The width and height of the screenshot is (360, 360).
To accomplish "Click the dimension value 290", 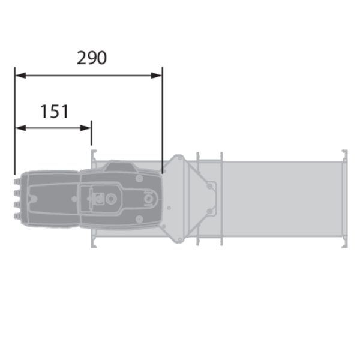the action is pyautogui.click(x=92, y=58).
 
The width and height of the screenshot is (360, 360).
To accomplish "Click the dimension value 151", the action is pyautogui.click(x=55, y=112).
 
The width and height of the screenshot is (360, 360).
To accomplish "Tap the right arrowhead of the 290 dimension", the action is pyautogui.click(x=157, y=76).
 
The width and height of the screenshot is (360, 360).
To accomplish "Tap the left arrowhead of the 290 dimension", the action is pyautogui.click(x=20, y=76).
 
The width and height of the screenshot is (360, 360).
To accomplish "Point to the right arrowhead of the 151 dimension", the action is pyautogui.click(x=86, y=128).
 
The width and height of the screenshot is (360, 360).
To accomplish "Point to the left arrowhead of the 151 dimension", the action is pyautogui.click(x=20, y=128).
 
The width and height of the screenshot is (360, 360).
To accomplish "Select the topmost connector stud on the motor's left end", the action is pyautogui.click(x=17, y=182).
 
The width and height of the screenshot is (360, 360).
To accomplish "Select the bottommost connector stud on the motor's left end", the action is pyautogui.click(x=17, y=216).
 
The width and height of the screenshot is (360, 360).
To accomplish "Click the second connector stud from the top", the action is pyautogui.click(x=17, y=193).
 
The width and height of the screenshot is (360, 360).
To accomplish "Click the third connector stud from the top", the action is pyautogui.click(x=17, y=205).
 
